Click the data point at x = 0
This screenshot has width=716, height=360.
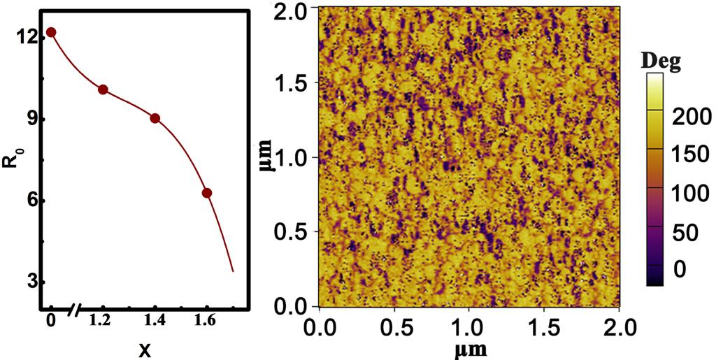pos(51,32)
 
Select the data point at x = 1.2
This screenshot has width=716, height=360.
pos(103,89)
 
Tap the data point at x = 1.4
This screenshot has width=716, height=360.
pos(155,118)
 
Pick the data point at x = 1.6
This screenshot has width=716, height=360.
pos(206,193)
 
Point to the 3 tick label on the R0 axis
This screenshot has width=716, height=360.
pos(30,282)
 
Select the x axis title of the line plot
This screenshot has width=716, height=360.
pos(144,350)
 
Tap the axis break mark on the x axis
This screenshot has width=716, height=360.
pos(75,308)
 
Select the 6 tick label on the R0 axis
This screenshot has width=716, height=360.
pos(30,201)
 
